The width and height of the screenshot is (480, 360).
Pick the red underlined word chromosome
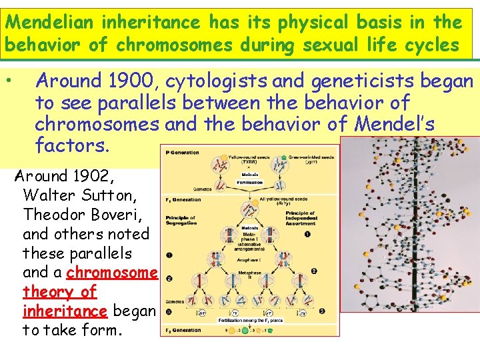pos(111,273)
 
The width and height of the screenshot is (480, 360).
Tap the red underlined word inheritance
pos(65,311)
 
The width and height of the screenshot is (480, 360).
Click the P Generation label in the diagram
pos(182,152)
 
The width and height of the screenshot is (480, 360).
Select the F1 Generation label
pos(183,199)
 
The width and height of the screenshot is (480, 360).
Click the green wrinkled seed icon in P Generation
pos(284,151)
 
